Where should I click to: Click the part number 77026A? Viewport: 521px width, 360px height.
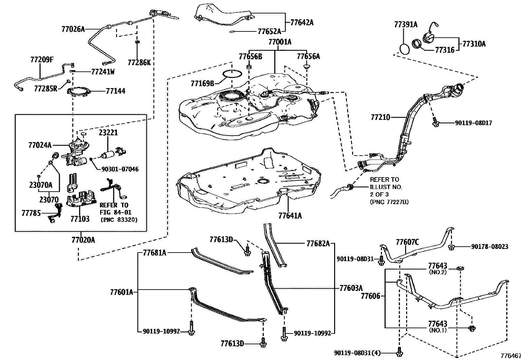click(73, 29)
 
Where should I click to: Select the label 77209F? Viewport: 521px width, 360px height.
click(42, 60)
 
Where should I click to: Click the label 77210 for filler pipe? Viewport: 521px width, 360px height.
click(381, 117)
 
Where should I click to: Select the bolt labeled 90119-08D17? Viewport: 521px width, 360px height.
click(435, 123)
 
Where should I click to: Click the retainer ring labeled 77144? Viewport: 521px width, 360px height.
click(81, 92)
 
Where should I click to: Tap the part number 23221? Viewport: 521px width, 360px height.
click(108, 133)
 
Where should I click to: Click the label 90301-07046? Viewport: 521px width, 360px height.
click(120, 169)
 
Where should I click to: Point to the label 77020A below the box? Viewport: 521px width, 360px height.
click(83, 240)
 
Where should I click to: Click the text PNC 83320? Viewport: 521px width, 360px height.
click(119, 219)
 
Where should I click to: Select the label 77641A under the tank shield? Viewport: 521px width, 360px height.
click(290, 216)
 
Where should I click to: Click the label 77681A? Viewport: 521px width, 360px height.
click(154, 253)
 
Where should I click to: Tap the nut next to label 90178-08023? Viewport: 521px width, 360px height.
click(451, 246)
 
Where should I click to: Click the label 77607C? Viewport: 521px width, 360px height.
click(407, 242)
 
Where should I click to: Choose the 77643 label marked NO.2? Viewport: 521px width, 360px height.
click(438, 266)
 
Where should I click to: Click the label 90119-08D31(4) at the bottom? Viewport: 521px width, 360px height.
click(358, 353)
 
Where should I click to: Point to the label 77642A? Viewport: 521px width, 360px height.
click(301, 22)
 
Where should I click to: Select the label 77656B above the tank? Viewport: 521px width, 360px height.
click(250, 56)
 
